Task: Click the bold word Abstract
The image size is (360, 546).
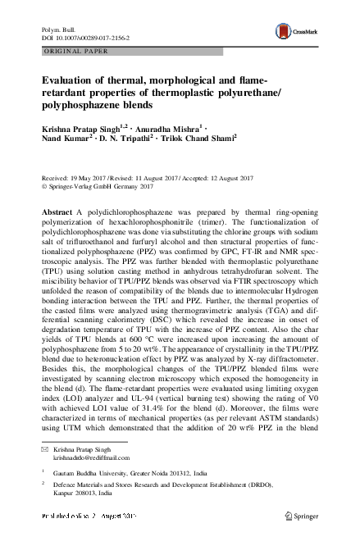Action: [58, 212]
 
